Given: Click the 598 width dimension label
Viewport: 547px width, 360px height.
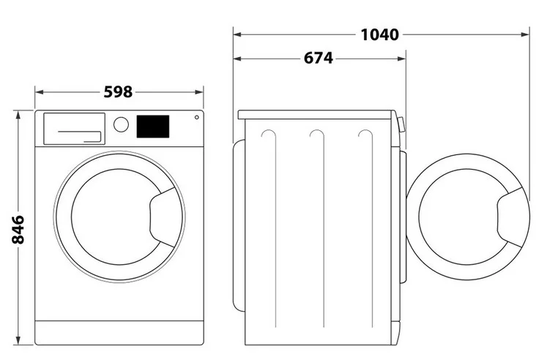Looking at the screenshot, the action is point(119,92).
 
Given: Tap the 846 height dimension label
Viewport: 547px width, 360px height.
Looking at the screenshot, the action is point(18,230).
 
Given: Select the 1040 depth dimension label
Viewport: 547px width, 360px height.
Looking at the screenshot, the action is point(379,35).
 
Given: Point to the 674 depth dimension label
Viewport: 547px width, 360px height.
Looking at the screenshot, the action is point(318,59).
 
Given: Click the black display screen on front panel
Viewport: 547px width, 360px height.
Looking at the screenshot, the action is point(153,127).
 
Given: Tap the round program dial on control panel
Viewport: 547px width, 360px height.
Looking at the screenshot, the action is point(121,124).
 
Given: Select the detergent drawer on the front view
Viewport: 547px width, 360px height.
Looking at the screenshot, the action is point(74,128).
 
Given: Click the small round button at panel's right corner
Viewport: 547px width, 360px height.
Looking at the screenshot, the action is point(197,118).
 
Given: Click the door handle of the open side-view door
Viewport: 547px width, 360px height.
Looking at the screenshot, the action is point(512,217).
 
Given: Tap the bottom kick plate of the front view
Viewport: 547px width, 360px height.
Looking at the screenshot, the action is point(119,332).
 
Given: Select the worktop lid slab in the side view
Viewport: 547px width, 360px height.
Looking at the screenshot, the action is point(315,115).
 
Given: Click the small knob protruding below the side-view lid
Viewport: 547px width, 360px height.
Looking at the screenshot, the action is point(401,124).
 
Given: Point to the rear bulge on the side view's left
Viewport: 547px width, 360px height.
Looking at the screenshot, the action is point(239,225).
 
